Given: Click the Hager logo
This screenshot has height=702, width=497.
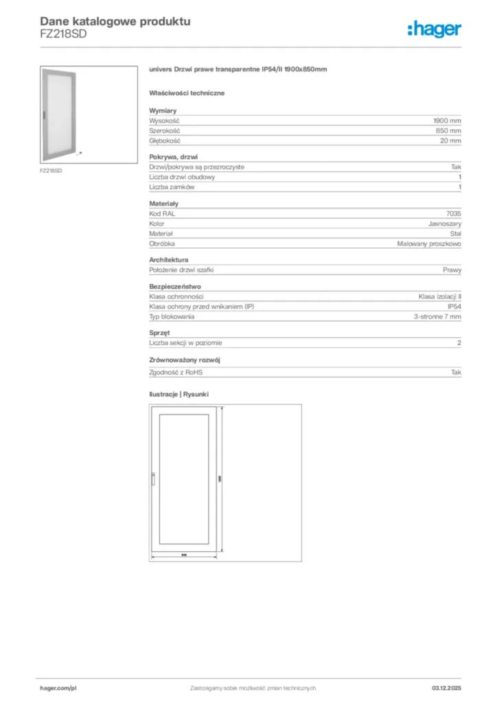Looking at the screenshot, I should click(x=434, y=29).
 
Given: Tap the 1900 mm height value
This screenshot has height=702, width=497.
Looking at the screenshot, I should click(x=447, y=120).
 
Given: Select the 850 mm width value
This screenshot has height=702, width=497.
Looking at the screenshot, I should click(x=448, y=130).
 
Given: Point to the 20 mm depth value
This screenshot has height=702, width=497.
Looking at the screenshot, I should click(x=450, y=141).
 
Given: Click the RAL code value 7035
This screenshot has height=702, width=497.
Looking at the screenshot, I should click(x=453, y=213).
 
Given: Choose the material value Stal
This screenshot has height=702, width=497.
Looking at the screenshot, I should click(x=455, y=233).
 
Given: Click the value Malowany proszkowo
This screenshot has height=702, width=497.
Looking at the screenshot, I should click(x=429, y=243).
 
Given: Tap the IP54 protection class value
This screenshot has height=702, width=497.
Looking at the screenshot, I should click(x=454, y=306).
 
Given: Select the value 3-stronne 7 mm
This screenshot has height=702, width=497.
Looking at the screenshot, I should click(x=437, y=317).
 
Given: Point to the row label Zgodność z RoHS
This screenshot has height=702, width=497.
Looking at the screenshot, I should click(x=176, y=372).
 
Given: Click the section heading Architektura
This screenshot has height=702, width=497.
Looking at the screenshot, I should click(x=169, y=260).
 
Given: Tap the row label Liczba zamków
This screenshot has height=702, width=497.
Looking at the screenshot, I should click(x=172, y=187).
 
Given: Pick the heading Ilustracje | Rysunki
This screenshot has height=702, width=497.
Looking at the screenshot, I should click(x=179, y=395).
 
